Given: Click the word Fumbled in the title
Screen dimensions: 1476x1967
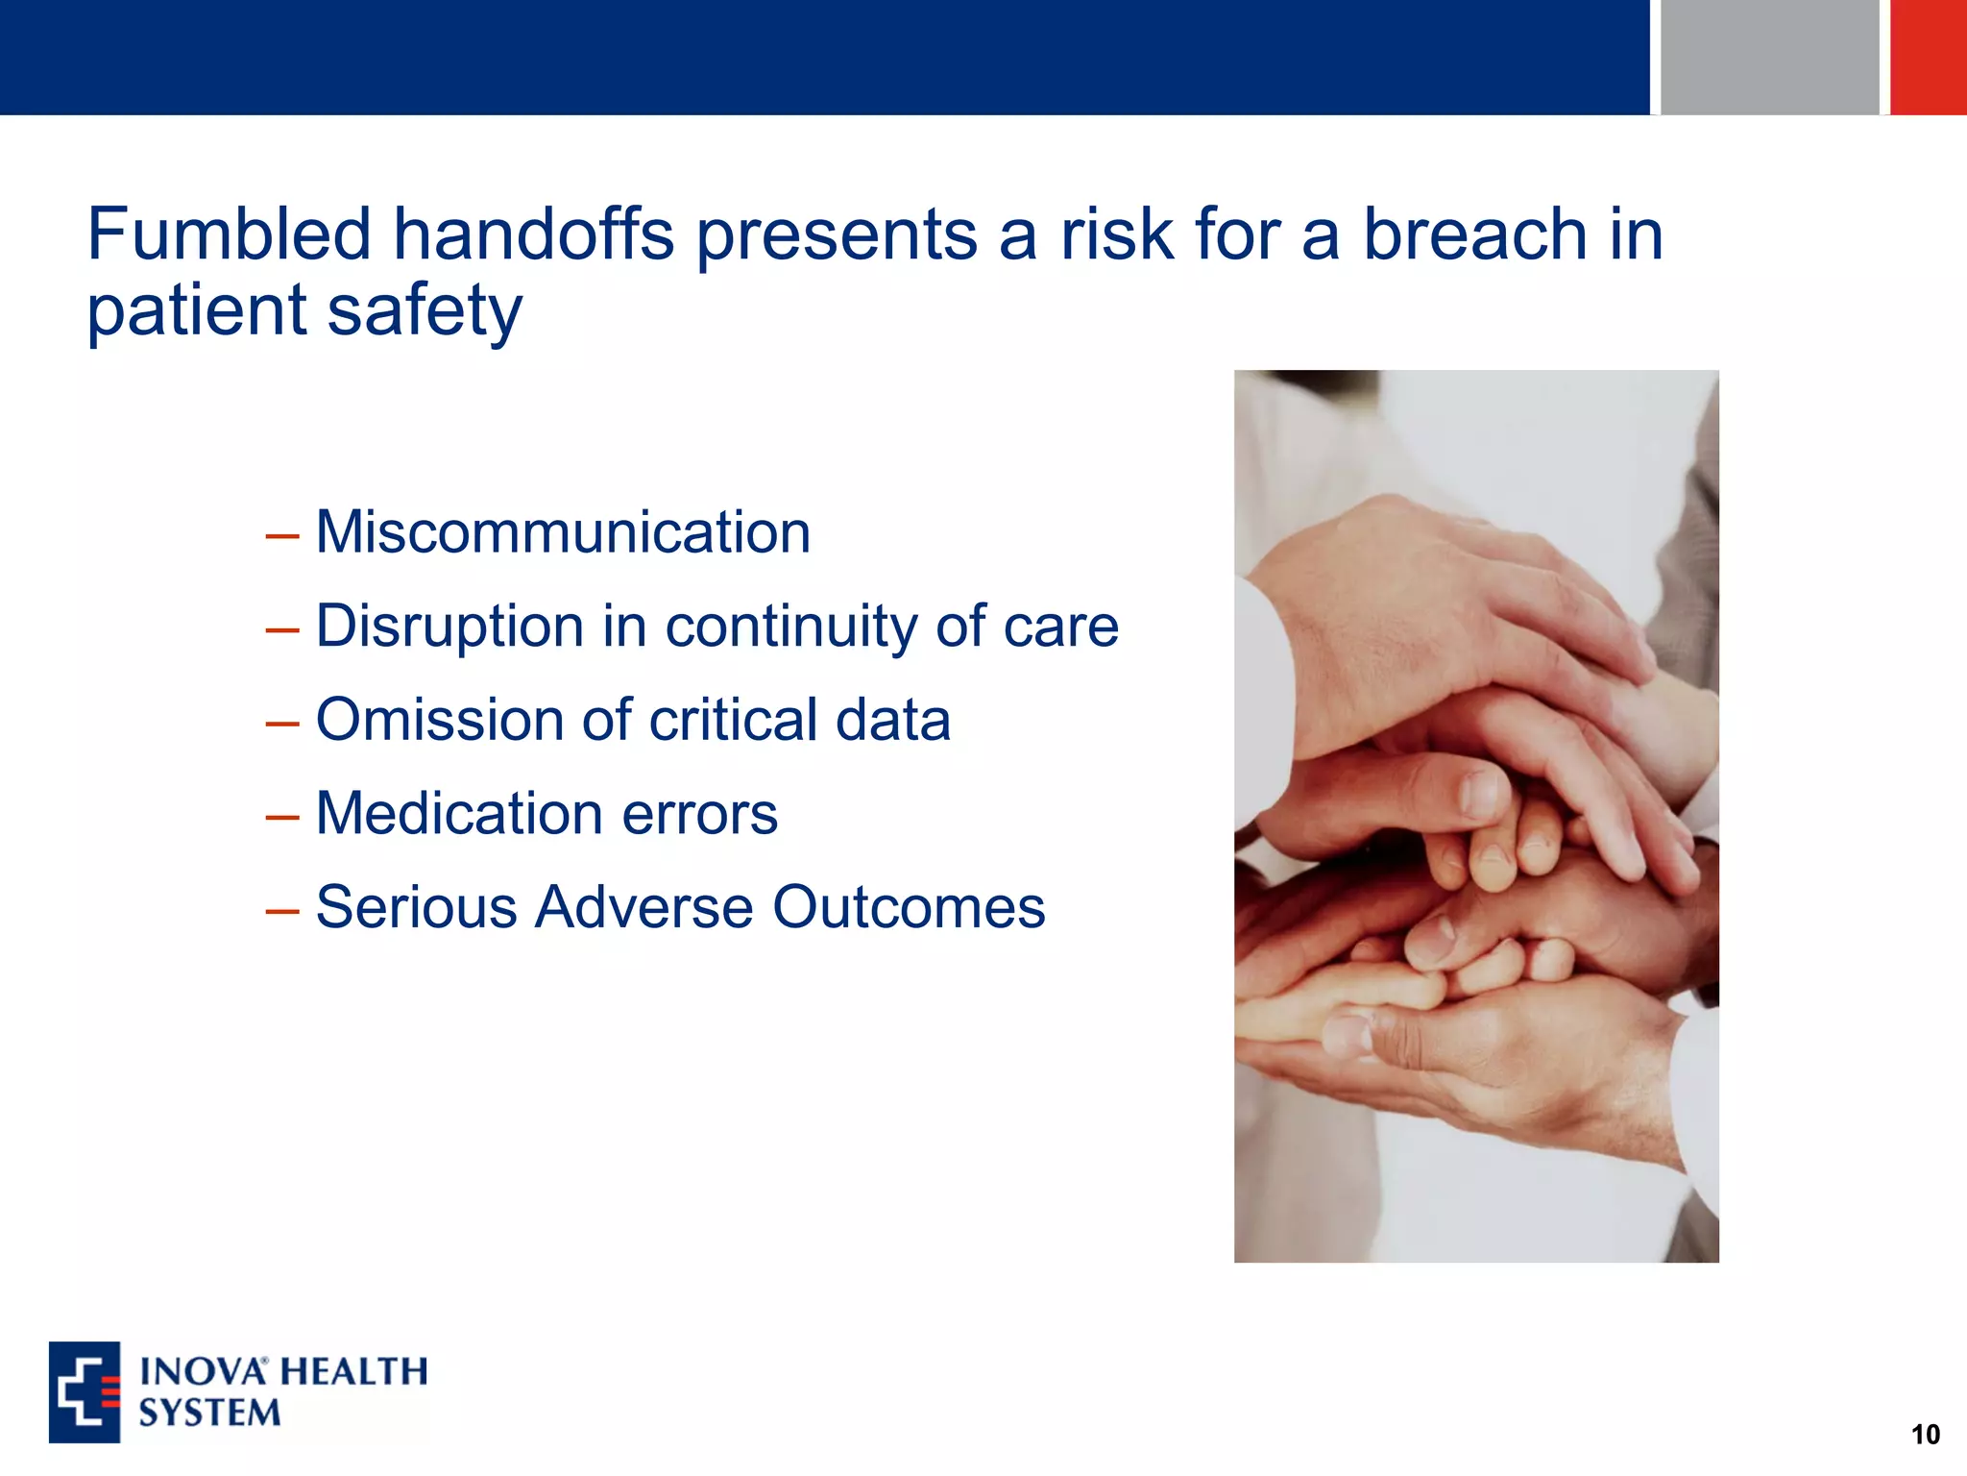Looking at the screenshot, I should (229, 234).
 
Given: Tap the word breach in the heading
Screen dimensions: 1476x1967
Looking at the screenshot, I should (1475, 234).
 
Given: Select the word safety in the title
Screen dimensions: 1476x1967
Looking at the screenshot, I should (424, 311).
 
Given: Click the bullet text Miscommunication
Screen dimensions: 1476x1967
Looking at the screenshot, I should (563, 532).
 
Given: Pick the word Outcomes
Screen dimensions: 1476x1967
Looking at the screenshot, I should (909, 907).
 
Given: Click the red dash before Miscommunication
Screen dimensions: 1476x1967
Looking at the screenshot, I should (282, 536).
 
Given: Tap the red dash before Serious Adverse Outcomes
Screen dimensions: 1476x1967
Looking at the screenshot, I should (282, 911).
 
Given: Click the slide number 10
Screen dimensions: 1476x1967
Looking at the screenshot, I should (1925, 1435).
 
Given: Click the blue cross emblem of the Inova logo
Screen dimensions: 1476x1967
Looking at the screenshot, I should (85, 1392).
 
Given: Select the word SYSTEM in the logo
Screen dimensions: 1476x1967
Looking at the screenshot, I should (209, 1414).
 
